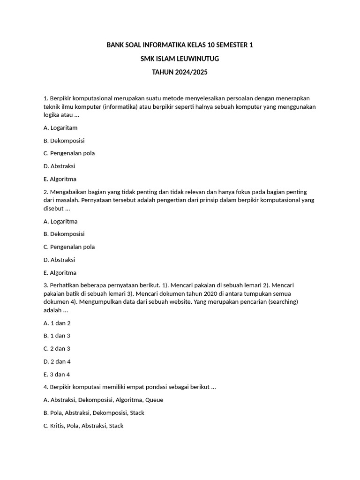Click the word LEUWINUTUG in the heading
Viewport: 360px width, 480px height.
197,59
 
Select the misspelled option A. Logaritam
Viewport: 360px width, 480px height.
60,127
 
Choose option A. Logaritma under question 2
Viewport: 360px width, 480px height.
60,221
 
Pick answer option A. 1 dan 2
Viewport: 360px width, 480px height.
57,323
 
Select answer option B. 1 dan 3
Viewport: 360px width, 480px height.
57,336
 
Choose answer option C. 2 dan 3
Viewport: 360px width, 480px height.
57,349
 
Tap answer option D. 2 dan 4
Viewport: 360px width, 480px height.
57,361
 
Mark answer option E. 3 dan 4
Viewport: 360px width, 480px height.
57,375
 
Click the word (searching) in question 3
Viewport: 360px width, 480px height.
281,302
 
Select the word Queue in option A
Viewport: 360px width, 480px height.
154,400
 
